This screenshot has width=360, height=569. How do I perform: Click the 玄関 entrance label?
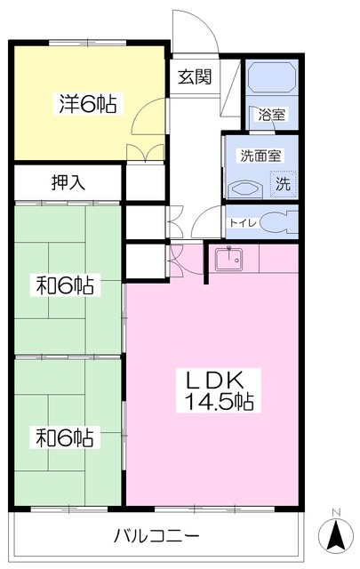[195, 77]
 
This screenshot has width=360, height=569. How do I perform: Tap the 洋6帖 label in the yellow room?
[88, 103]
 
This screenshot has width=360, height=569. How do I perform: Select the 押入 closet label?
[68, 182]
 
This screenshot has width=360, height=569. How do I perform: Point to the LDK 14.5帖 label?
[219, 390]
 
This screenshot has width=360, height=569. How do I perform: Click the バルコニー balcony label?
[156, 535]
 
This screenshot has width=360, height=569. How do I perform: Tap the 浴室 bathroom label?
[272, 115]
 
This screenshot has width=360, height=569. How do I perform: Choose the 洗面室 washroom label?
[260, 156]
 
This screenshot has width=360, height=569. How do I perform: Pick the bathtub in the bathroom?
[271, 77]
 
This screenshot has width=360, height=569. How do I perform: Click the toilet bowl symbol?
[279, 222]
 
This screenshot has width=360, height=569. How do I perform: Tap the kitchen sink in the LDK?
[229, 259]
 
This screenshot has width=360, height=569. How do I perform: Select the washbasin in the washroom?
[245, 188]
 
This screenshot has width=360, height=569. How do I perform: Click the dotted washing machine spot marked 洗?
[283, 184]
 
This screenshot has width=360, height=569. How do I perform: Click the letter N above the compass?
[336, 512]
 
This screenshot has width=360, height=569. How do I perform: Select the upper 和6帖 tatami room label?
[65, 285]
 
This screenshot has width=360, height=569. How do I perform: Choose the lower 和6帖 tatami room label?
[65, 437]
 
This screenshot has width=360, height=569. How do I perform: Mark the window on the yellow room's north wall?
[87, 43]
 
